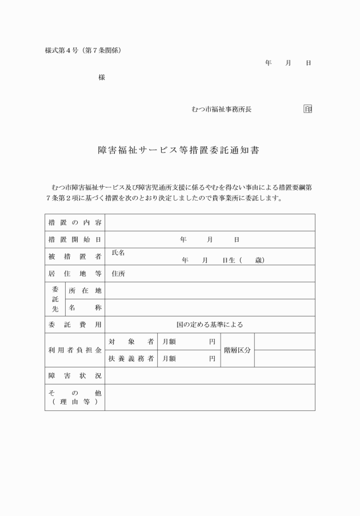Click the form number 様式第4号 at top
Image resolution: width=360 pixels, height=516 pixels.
coord(63,50)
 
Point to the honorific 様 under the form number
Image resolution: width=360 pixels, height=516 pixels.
coord(102,77)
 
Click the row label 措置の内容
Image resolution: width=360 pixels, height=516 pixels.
coord(74,222)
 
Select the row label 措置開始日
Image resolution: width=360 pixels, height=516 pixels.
coord(74,239)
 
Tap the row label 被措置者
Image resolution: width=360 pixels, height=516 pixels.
coord(74,257)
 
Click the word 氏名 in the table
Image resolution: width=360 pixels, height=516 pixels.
coord(118,253)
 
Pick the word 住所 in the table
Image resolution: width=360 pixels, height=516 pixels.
coord(118,274)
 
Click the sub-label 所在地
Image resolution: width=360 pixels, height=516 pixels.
coord(85,291)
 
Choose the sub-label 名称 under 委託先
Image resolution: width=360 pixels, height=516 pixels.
coord(85,307)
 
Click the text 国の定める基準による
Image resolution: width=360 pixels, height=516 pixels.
coord(210,325)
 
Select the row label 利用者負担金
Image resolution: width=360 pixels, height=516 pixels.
coord(74,350)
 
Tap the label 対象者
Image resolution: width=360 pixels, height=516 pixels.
coord(131,342)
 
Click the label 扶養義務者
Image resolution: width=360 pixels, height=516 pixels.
coord(131,359)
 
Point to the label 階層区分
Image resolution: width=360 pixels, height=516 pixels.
coord(237,350)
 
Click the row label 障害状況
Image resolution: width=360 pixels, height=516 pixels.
coord(74,375)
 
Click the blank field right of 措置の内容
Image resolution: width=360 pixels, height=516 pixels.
coord(210,222)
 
